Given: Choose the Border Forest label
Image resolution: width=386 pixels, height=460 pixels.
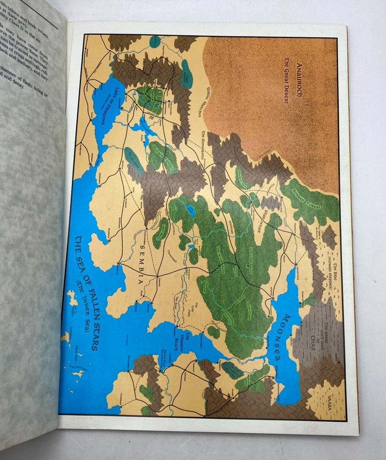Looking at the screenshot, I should (x=310, y=197).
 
